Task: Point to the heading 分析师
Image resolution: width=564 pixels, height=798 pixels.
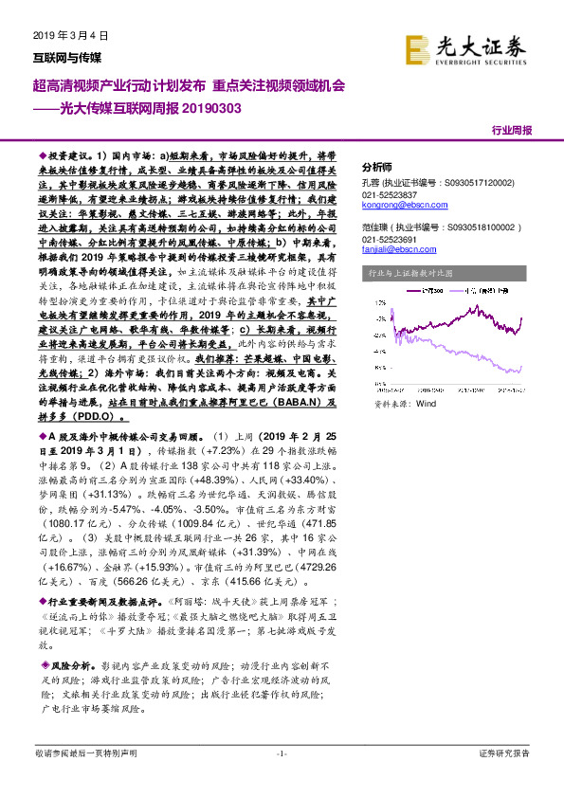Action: pos(377,163)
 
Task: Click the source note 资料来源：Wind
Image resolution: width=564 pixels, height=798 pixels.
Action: pos(405,376)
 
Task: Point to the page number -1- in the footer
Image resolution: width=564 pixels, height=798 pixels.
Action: pos(281,753)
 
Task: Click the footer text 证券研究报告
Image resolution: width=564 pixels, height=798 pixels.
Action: pos(504,753)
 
